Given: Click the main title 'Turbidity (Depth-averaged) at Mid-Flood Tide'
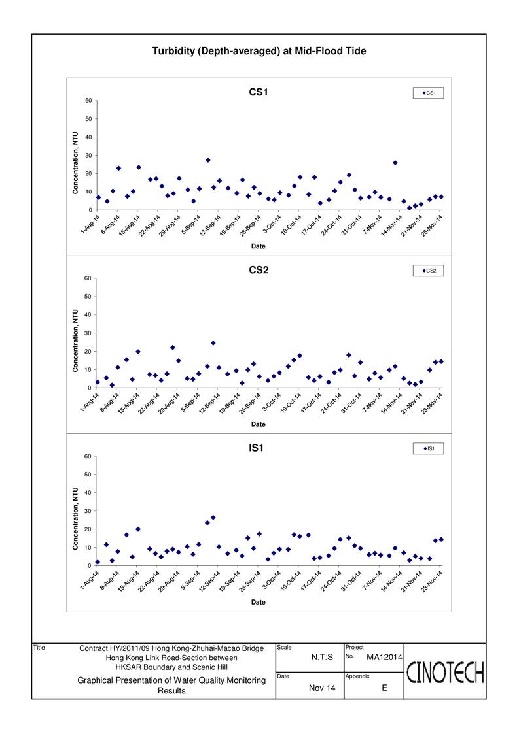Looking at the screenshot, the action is point(259,51).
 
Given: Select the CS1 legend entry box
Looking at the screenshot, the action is point(428,93).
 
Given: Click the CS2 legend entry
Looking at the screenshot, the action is point(428,271).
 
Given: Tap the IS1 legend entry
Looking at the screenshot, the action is point(428,448).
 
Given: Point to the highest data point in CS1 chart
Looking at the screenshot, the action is point(207,160).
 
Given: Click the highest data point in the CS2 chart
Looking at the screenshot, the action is point(213,343).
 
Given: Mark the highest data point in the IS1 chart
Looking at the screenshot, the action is point(213,517).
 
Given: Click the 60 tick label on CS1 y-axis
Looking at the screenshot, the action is point(88,101).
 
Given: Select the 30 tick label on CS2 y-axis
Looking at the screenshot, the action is point(88,333).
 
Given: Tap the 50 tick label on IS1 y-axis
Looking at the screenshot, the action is point(88,475).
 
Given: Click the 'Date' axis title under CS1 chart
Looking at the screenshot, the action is point(259,246).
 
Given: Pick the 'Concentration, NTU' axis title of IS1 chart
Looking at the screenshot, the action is point(75,518).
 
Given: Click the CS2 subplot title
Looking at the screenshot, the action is point(259,270).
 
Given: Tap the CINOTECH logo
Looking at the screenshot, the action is point(445,673).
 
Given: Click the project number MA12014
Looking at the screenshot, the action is point(384,658).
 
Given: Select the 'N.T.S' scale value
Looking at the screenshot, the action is point(322,658).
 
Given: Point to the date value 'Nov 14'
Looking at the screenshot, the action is point(322,688).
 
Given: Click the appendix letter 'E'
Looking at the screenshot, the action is point(384,688).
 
